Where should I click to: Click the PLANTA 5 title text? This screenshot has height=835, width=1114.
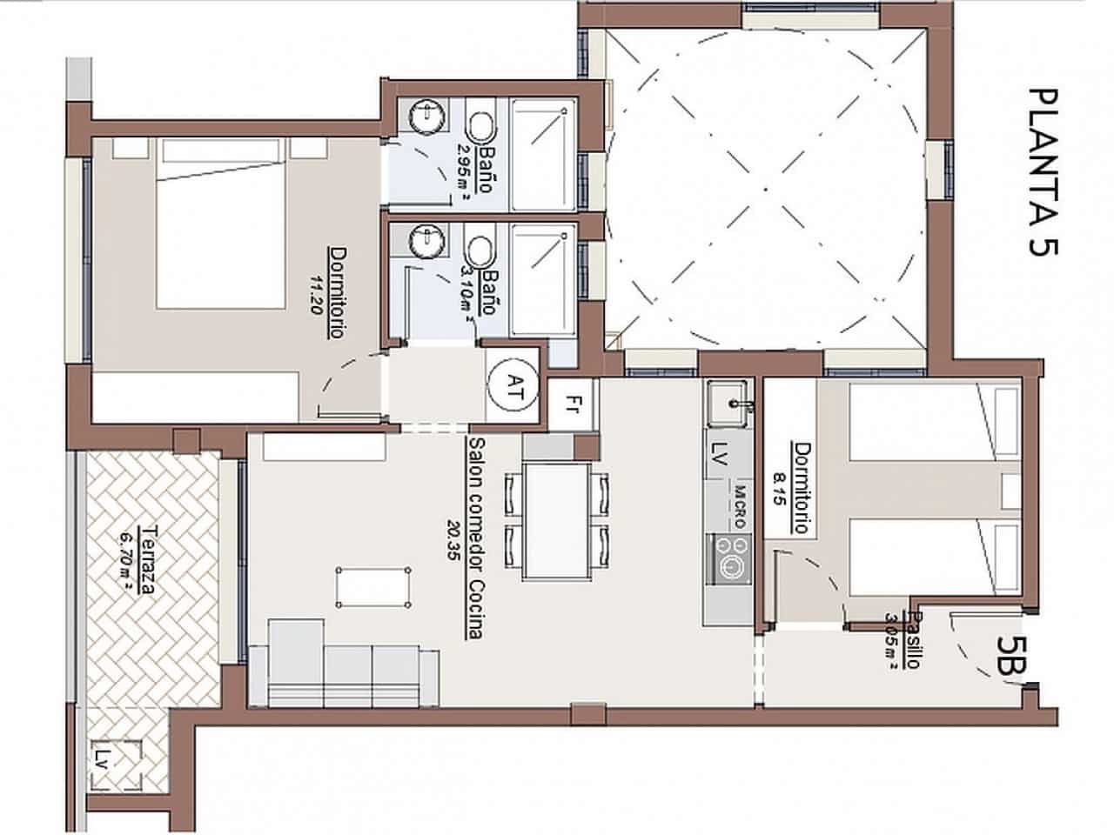click(1042, 171)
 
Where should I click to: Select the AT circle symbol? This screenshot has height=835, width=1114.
click(513, 383)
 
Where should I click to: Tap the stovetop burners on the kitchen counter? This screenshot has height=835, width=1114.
click(729, 558)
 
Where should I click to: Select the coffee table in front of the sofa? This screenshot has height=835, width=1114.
click(373, 588)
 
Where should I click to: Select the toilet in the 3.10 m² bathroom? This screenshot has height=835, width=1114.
click(480, 252)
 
